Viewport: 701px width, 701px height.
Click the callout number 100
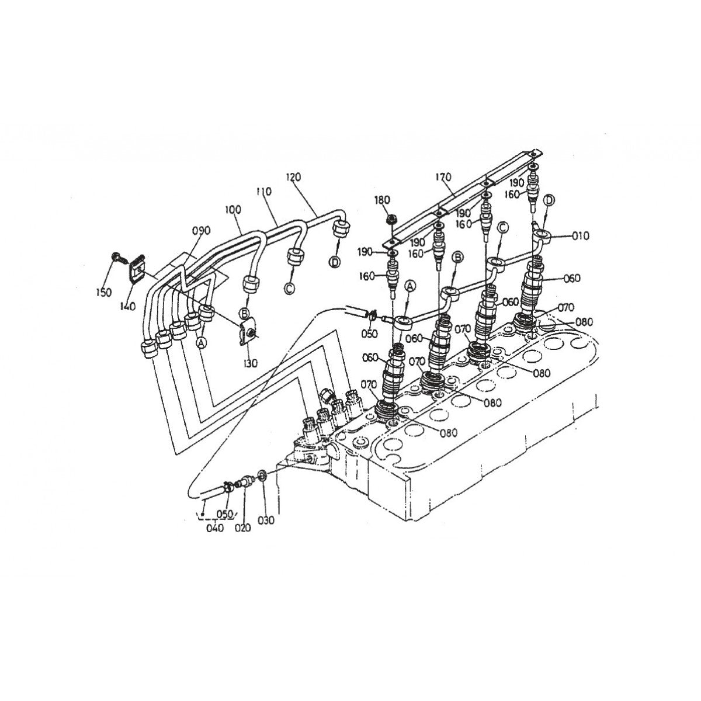(x=232, y=209)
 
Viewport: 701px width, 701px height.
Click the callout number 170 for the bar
(x=445, y=177)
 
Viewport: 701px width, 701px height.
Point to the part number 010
(x=581, y=236)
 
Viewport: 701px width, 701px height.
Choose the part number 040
(x=214, y=528)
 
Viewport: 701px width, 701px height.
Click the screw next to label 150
(x=116, y=256)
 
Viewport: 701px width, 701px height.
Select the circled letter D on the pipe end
(x=335, y=262)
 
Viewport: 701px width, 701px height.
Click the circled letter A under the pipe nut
(x=202, y=343)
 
